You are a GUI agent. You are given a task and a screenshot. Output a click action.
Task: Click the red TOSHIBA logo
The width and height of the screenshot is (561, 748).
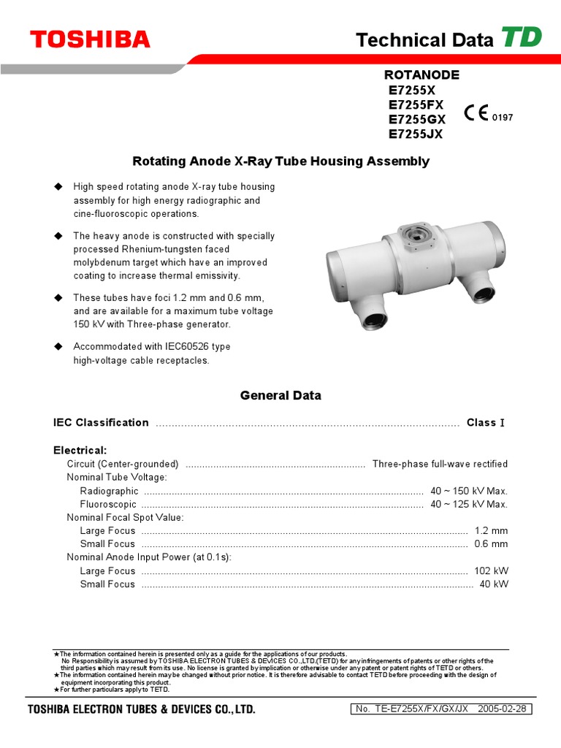click(90, 39)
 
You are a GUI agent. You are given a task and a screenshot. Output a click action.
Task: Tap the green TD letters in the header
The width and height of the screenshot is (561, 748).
click(522, 37)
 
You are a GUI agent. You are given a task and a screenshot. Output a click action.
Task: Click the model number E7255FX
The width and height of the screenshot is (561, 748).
click(416, 104)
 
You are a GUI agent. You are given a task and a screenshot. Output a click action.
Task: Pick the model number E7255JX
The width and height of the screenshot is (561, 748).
click(416, 134)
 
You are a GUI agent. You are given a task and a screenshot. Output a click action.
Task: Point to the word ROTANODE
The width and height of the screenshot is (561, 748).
click(421, 75)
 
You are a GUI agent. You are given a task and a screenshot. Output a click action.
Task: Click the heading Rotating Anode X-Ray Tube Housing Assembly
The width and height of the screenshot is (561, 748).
click(280, 161)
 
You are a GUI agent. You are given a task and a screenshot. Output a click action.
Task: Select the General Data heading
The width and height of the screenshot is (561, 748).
click(280, 395)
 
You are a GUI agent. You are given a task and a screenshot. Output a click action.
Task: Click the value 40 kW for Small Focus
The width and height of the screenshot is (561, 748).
click(493, 584)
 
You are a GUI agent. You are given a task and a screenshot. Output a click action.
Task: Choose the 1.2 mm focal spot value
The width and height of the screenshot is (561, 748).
click(491, 531)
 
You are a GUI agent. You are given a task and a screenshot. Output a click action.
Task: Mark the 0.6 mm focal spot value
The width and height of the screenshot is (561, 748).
click(491, 544)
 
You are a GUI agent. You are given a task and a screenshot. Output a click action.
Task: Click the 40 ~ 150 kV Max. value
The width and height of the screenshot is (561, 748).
click(469, 491)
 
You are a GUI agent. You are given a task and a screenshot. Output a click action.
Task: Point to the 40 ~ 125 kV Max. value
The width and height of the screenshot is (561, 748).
click(469, 504)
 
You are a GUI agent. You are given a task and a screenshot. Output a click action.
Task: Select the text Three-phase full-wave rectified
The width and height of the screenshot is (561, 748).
click(440, 464)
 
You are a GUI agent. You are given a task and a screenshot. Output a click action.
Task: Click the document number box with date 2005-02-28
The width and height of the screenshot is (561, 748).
click(443, 709)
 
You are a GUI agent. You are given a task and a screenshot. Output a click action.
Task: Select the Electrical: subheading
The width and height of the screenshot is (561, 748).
click(80, 450)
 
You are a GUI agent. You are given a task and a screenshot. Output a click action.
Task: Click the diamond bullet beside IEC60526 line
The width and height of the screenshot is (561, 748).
click(58, 346)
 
